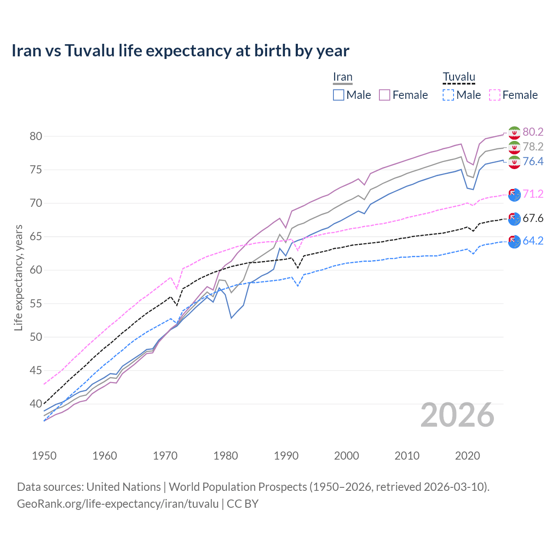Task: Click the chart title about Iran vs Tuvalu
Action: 180,51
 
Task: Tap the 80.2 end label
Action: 533,132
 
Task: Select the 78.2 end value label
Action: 533,147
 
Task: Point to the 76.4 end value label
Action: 533,161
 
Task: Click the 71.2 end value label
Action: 533,194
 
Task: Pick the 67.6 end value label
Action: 533,218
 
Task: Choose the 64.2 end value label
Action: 533,241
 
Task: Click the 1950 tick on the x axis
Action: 44,456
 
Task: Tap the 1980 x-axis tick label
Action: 225,456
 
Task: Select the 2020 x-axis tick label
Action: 467,456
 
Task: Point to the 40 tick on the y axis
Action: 36,404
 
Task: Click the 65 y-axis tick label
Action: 36,237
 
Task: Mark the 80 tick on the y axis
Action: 36,136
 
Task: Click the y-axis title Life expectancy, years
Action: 18,277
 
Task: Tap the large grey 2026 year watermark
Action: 457,415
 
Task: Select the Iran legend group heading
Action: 343,77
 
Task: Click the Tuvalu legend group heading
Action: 459,77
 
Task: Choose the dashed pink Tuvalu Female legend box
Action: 495,95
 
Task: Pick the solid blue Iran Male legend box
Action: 339,95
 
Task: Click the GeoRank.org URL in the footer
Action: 118,504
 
